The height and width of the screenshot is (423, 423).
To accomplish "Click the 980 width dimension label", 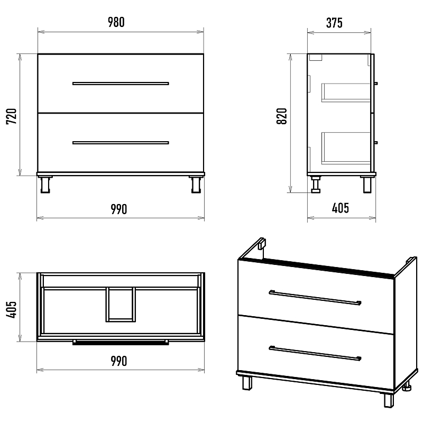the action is pyautogui.click(x=116, y=22).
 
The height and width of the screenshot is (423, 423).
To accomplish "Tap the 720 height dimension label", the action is pyautogui.click(x=12, y=116).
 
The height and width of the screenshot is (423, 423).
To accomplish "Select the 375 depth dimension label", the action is pyautogui.click(x=335, y=23).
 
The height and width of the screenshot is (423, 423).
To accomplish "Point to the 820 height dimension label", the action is pyautogui.click(x=282, y=116).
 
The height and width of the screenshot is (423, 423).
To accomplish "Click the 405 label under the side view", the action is pyautogui.click(x=341, y=208).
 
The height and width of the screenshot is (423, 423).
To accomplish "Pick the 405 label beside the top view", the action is pyautogui.click(x=12, y=310).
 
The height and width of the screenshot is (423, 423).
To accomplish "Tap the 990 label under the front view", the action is pyautogui.click(x=119, y=209).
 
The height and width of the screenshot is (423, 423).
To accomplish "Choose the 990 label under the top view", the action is pyautogui.click(x=119, y=361).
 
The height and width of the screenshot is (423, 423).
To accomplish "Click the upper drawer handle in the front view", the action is pyautogui.click(x=121, y=84).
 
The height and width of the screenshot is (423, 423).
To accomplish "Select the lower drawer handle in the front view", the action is pyautogui.click(x=121, y=143).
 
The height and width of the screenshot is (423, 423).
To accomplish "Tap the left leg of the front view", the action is pyautogui.click(x=45, y=185).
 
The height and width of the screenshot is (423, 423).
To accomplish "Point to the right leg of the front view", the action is pyautogui.click(x=196, y=185).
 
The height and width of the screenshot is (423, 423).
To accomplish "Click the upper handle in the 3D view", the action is pyautogui.click(x=315, y=298).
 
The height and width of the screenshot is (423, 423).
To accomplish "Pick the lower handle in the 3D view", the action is pyautogui.click(x=315, y=353).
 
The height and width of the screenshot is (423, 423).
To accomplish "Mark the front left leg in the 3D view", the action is pyautogui.click(x=247, y=383).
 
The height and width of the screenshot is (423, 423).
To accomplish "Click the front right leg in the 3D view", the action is pyautogui.click(x=389, y=400).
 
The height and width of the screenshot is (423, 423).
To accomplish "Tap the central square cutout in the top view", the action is pyautogui.click(x=121, y=305).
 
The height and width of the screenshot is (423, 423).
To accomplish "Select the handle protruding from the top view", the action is pyautogui.click(x=121, y=343).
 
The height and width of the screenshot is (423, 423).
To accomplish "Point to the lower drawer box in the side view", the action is pyautogui.click(x=346, y=148).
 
